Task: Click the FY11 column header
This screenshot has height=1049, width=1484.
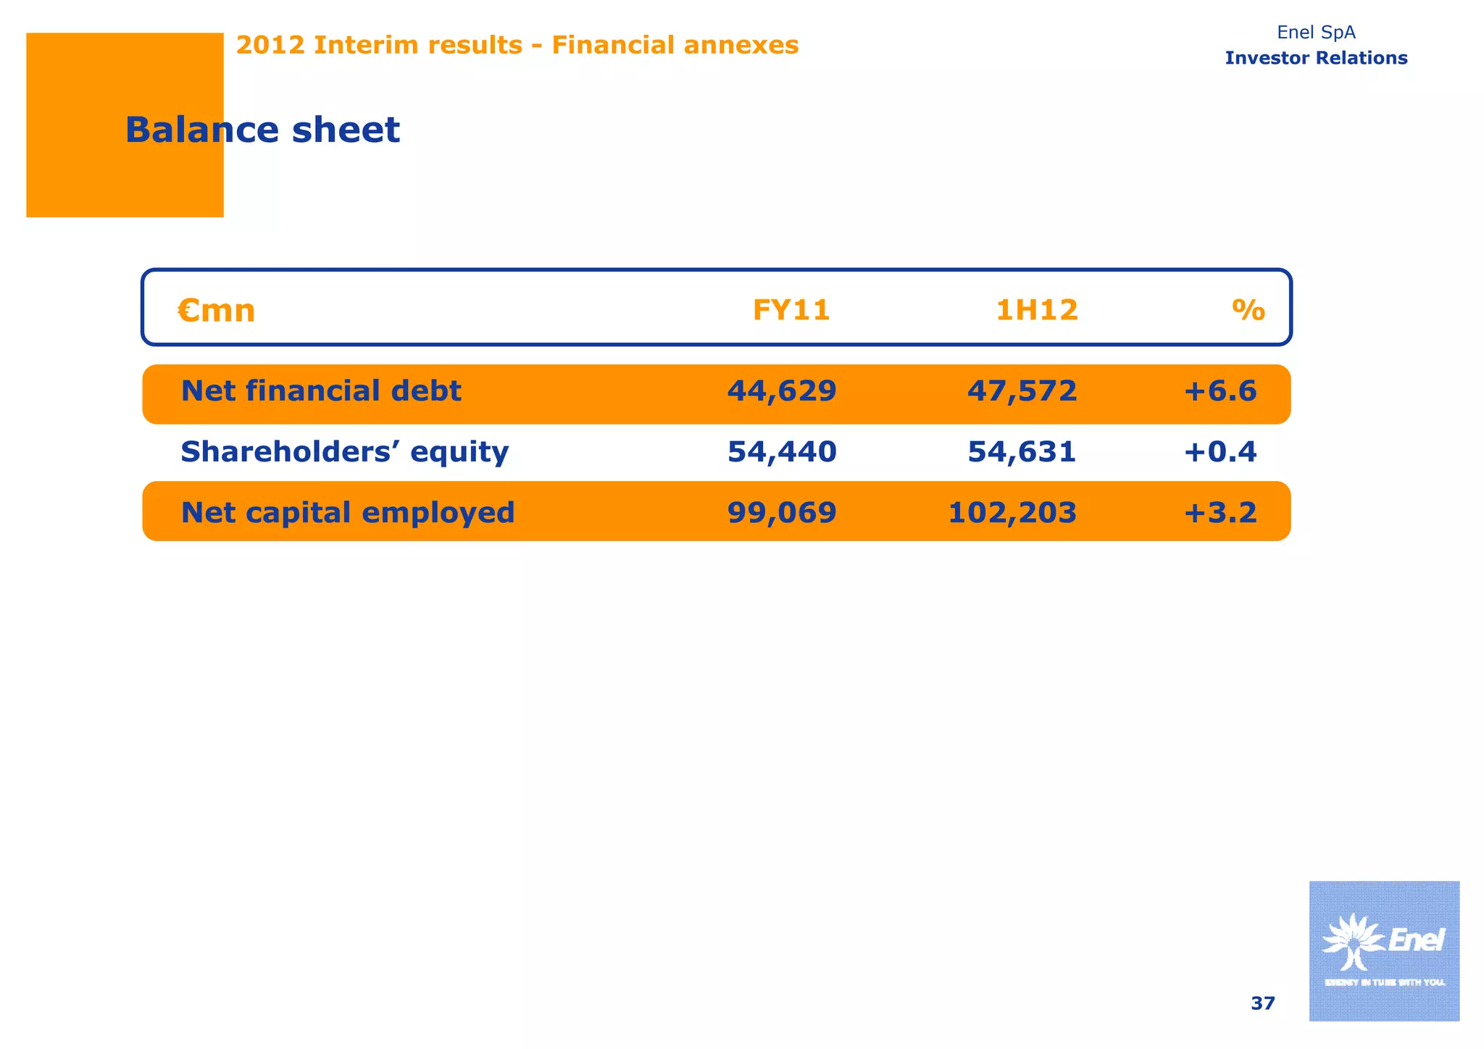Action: pos(791,311)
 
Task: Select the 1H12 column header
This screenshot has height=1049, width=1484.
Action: pos(1036,311)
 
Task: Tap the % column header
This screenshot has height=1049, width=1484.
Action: pos(1248,311)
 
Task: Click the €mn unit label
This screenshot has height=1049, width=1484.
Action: pos(217,311)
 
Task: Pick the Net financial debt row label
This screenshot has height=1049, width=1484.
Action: pos(320,391)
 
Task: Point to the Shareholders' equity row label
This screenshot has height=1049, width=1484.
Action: pos(344,452)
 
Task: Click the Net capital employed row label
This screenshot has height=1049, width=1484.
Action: pos(347,513)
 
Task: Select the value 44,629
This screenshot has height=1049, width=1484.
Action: pos(781,391)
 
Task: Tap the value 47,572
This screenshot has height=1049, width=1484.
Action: pos(1022,391)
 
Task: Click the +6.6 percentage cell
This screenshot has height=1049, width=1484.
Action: pos(1220,391)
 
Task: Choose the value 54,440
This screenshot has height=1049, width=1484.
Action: pos(781,452)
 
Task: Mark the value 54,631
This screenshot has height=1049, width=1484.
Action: pos(1022,452)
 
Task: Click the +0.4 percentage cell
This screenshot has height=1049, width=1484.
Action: pos(1220,452)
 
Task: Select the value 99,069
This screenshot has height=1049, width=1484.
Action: pos(781,513)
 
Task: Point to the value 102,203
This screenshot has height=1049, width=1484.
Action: pos(1012,513)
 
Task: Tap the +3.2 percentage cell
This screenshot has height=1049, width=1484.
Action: pos(1220,513)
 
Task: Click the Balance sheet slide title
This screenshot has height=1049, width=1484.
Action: pos(262,130)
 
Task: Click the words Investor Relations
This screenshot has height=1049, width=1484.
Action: pos(1316,58)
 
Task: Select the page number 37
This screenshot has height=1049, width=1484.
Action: pos(1262,1003)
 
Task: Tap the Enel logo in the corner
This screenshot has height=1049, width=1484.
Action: pos(1383,950)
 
